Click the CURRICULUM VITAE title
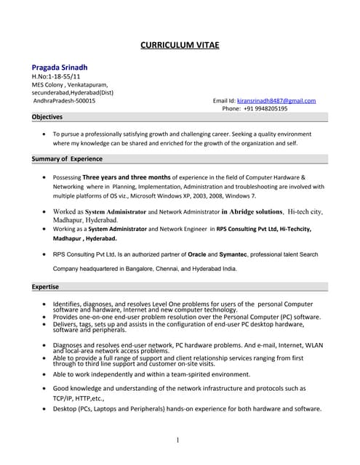pos(179,45)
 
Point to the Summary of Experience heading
pos(66,158)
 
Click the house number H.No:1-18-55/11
pos(56,76)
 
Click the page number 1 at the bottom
pos(178,440)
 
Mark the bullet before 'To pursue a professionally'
pos(47,134)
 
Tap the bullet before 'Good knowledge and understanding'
pos(47,389)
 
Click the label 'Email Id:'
pos(224,100)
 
